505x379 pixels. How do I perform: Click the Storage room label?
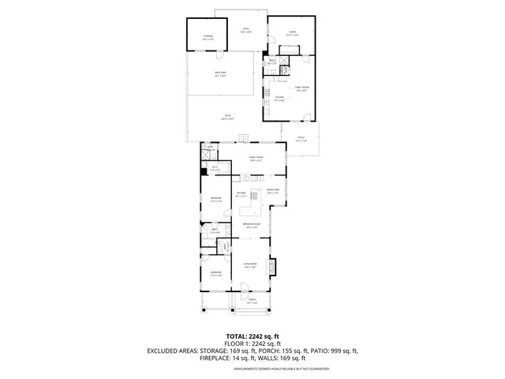pos(208,37)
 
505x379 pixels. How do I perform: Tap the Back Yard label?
pos(221,74)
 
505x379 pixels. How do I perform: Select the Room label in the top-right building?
pos(291,34)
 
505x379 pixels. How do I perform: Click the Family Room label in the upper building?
pos(301,88)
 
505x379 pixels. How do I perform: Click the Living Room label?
pos(250,266)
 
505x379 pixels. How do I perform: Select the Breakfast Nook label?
pos(252,227)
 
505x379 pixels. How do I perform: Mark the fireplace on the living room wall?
pos(274,267)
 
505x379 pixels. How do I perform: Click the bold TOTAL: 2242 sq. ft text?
pos(252,336)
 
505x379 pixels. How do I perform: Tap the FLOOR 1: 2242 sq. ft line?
pos(252,343)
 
